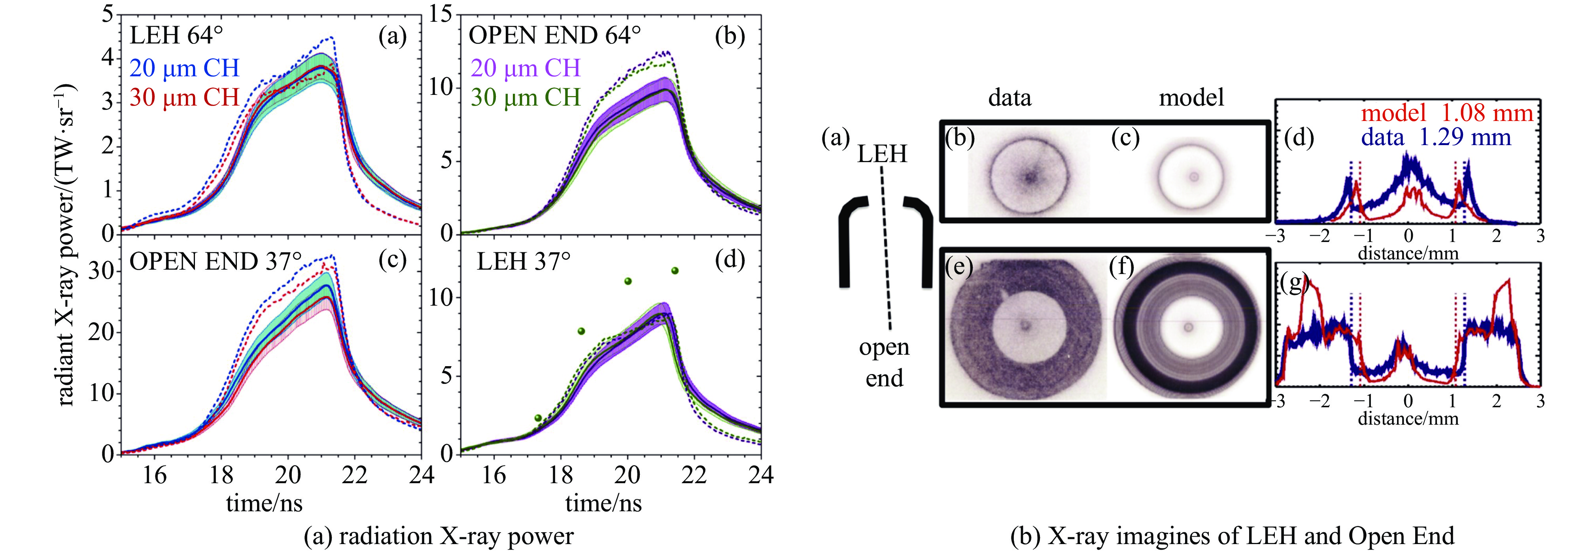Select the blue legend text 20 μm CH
184,68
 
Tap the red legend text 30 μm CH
184,97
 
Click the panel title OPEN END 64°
554,36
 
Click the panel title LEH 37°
524,261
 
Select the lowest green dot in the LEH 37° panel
538,418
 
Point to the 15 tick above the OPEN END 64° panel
441,13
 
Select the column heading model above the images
1191,97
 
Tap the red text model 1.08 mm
1447,113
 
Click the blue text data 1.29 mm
1436,137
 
